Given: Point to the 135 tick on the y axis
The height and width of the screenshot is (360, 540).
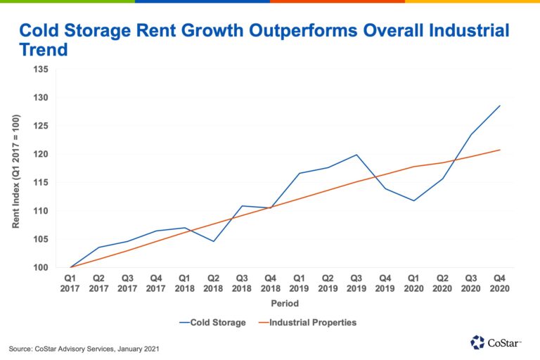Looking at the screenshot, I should pyautogui.click(x=41, y=69).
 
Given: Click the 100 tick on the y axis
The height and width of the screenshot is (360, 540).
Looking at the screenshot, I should pyautogui.click(x=41, y=267).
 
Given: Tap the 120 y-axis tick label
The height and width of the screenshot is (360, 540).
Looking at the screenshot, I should pyautogui.click(x=41, y=154).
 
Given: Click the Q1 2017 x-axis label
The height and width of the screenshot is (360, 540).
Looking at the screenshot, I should pyautogui.click(x=71, y=283).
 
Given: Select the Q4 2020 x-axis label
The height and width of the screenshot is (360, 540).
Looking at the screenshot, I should pyautogui.click(x=499, y=283).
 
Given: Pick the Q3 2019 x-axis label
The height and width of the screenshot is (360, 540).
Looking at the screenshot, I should pyautogui.click(x=356, y=283).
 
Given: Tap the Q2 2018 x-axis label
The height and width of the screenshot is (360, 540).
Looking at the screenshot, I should pyautogui.click(x=214, y=283).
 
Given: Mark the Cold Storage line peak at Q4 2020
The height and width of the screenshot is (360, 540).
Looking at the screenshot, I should pyautogui.click(x=499, y=105).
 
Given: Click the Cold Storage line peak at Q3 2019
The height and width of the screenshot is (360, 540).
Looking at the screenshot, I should pyautogui.click(x=356, y=155).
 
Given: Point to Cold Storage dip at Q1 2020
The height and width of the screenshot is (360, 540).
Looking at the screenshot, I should pyautogui.click(x=413, y=200).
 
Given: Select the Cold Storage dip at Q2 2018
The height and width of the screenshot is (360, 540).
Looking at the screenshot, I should pyautogui.click(x=214, y=241).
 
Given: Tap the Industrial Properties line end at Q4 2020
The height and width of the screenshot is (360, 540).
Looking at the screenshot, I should pyautogui.click(x=499, y=150).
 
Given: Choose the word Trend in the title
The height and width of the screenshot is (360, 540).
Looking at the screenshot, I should pyautogui.click(x=43, y=51).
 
